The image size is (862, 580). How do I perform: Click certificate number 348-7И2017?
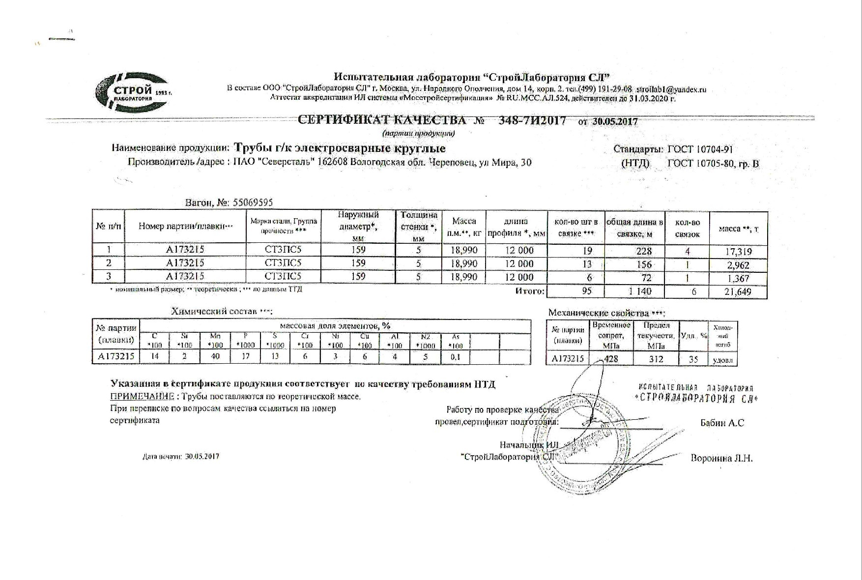coord(532,121)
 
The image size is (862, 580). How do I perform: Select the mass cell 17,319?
coord(739,252)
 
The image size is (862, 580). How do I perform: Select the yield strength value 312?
coord(656,359)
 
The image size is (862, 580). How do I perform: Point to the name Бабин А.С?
coord(722,423)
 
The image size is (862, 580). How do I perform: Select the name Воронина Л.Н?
coord(721,459)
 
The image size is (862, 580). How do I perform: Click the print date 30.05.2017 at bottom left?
coord(202,456)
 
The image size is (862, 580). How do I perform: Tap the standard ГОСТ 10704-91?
coord(700,149)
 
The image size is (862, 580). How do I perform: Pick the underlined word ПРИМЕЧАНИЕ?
coord(141,397)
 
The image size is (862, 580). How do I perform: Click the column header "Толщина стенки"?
coord(419,227)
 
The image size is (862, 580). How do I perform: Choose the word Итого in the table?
coord(529,291)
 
